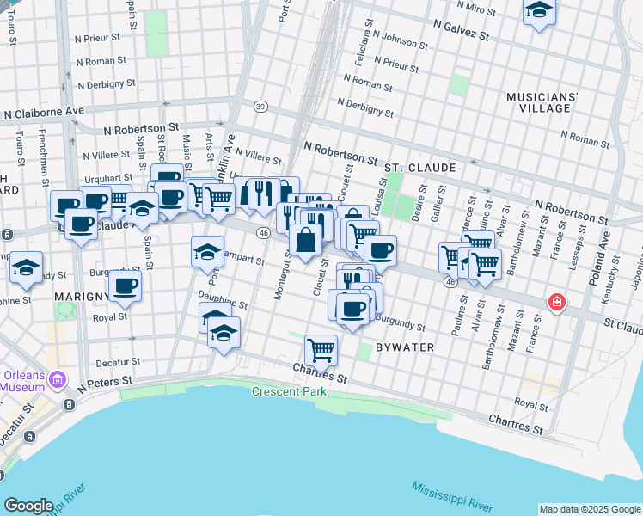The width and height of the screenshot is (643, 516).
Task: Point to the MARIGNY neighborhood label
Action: (80, 297)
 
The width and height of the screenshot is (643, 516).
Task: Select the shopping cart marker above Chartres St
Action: (321, 348)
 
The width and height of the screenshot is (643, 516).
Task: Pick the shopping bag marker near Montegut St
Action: (305, 240)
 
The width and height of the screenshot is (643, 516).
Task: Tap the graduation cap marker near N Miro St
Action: (539, 10)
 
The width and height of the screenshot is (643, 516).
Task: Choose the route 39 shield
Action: (260, 106)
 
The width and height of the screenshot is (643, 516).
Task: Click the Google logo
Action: (28, 506)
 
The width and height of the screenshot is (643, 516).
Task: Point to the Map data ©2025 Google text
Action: (589, 509)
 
